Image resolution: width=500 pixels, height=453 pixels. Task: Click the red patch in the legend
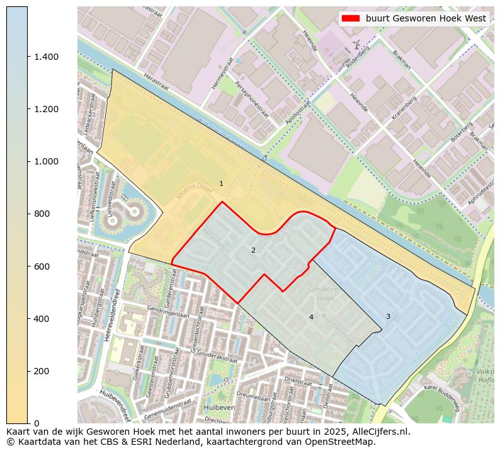coord(351,19)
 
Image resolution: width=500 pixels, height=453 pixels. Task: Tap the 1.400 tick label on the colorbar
coord(46,57)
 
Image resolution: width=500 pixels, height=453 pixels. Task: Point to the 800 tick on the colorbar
coord(42,214)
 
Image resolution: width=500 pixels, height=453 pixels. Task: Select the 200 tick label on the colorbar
coord(42,371)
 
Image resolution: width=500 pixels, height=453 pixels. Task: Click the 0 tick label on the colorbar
coord(37,423)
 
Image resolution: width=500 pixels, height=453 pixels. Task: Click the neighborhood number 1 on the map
coord(221,183)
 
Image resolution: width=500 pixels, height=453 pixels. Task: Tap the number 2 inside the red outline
coord(253,250)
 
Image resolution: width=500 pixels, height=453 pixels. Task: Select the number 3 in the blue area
coord(388,316)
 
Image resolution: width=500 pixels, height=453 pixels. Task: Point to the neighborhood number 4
coord(311,317)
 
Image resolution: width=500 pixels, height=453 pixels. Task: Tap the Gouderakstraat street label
coord(211,355)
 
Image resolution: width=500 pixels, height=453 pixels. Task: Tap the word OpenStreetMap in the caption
coord(336,442)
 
